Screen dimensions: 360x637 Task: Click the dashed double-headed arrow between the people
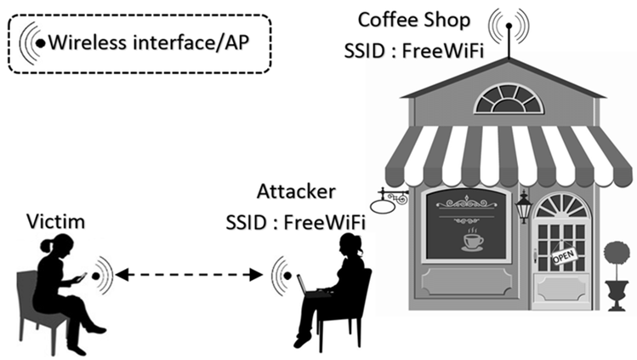tap(189, 274)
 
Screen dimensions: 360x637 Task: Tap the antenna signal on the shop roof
tap(509, 25)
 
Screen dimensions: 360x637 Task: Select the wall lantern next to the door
tap(524, 207)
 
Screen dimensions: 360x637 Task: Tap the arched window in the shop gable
tap(509, 101)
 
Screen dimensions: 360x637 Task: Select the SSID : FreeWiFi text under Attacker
tap(295, 223)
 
